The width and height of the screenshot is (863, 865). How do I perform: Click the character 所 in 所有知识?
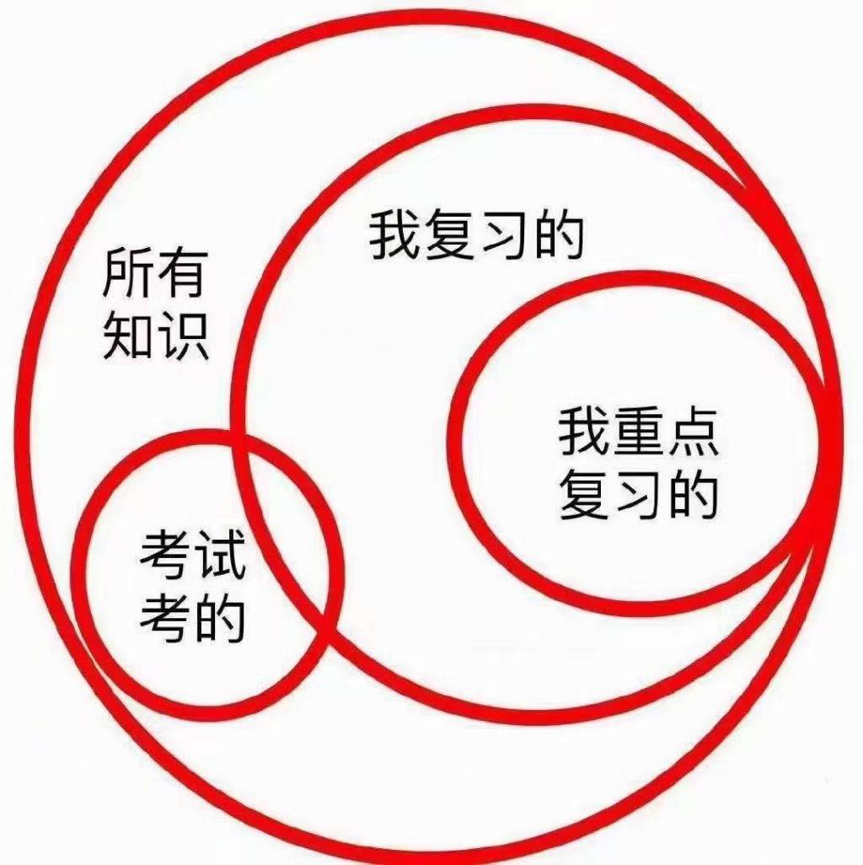127,272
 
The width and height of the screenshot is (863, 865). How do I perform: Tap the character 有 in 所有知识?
181,272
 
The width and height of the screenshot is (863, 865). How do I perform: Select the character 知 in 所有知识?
127,336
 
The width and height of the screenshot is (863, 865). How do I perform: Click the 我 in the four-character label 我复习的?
394,234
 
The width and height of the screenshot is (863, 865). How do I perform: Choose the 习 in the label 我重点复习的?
639,494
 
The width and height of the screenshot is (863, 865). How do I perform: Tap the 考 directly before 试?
165,554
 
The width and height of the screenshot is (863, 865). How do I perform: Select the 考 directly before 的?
165,617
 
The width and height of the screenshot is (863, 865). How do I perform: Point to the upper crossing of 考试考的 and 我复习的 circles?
239,441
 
